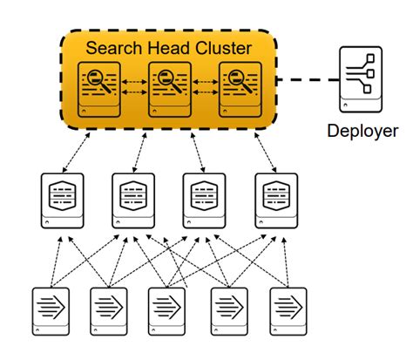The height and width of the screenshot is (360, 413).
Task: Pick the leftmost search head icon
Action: point(98,88)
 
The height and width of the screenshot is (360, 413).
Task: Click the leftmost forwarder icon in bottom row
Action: point(51,309)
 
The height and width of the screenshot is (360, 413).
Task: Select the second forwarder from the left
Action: point(110,309)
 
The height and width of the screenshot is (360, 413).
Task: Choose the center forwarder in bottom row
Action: point(168,309)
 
